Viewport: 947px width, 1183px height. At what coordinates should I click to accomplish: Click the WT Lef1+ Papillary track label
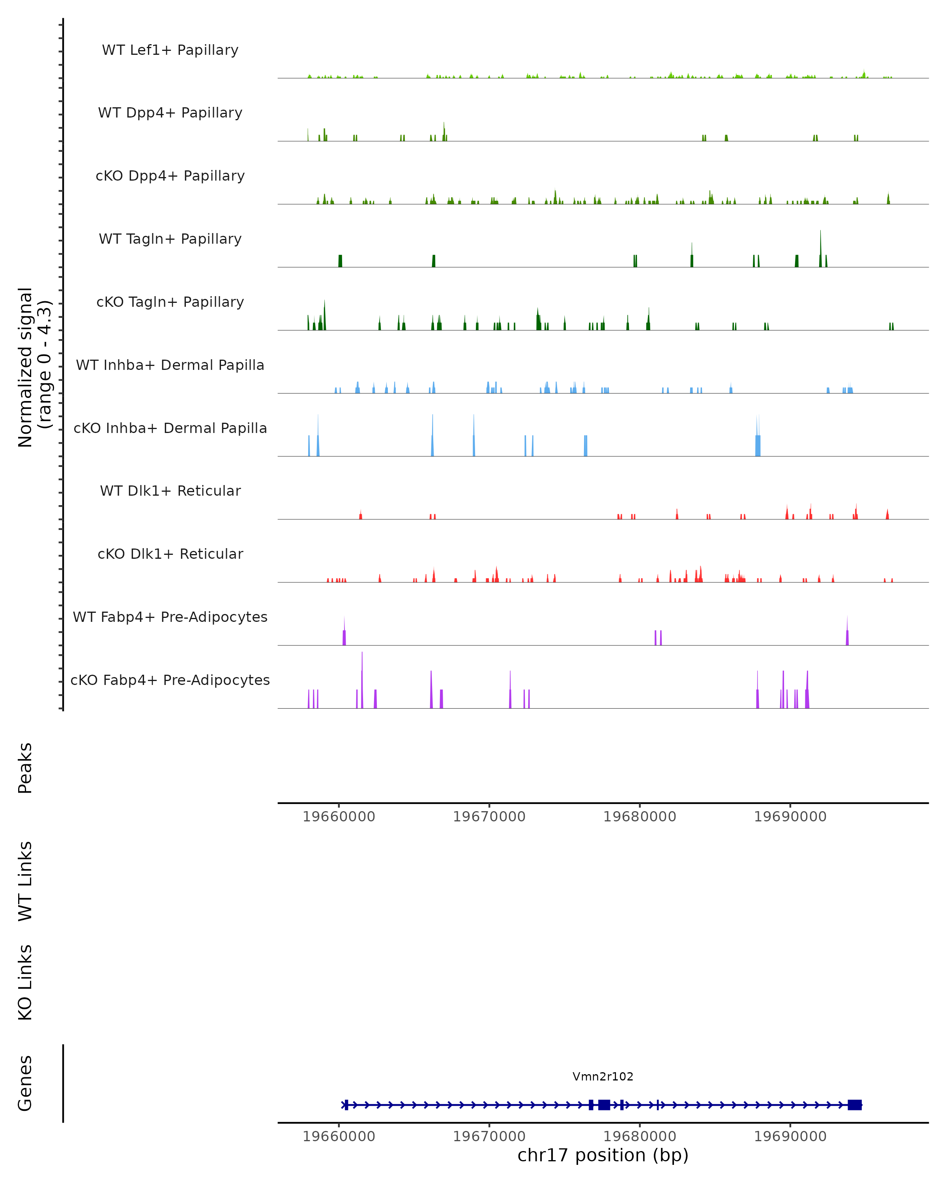(170, 50)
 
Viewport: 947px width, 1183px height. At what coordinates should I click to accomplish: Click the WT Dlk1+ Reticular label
(170, 491)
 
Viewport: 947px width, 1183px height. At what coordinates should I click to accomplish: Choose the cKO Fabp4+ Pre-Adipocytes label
(170, 680)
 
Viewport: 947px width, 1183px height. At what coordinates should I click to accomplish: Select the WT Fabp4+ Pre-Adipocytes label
(170, 617)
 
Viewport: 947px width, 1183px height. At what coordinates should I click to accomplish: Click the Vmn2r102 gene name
(603, 1077)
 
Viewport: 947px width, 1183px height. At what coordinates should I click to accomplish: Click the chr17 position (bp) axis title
(603, 1155)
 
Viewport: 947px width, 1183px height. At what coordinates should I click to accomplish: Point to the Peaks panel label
(25, 768)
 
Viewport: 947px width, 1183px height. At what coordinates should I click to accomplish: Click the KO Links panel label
(25, 982)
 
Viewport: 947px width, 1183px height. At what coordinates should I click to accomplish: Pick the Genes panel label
(25, 1083)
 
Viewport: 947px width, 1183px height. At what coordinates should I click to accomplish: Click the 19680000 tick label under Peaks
(640, 817)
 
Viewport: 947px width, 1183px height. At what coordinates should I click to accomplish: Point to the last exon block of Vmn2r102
(854, 1105)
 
